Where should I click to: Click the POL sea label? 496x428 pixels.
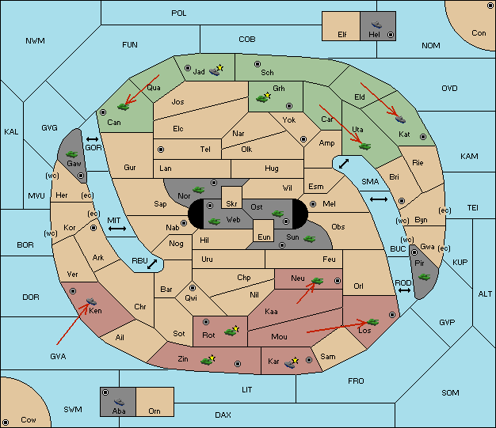179,13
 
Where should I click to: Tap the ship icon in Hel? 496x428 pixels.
376,25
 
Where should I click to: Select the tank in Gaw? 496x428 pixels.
72,154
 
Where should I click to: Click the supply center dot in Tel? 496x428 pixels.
161,150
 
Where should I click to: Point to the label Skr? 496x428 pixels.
231,204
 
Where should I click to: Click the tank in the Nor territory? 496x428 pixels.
199,190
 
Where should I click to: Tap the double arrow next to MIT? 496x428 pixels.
117,229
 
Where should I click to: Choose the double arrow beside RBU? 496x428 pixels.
152,264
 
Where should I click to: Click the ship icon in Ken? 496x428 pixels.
91,301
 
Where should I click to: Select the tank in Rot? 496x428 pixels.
231,331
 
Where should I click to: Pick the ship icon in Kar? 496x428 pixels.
290,364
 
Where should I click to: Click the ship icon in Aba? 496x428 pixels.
120,402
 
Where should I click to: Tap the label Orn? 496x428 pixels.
155,411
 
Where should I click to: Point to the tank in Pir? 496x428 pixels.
424,277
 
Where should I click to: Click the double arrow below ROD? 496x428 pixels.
404,290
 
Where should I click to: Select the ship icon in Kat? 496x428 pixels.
400,119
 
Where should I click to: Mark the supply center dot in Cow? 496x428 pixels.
6,422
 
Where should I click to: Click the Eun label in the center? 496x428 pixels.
264,237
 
